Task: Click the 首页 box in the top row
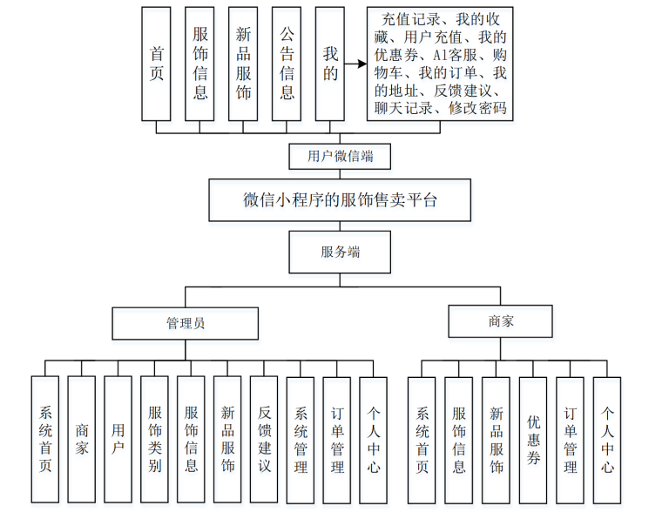pos(157,64)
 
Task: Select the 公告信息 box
pos(287,64)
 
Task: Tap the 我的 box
pos(330,64)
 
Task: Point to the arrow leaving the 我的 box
pos(355,64)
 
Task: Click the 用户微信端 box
pos(340,157)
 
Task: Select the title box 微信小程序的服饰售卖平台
pos(339,200)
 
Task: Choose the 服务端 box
pos(340,253)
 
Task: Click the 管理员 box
pos(185,322)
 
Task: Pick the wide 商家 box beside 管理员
pos(501,320)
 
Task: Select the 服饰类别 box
pos(154,440)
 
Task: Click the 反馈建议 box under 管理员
pos(264,440)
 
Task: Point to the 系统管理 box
pos(301,440)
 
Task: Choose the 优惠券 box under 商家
pos(533,440)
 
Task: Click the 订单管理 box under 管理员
pos(337,440)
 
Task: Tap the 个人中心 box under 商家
pos(607,440)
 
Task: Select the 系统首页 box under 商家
pos(422,440)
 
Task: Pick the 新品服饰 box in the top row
pos(243,64)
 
